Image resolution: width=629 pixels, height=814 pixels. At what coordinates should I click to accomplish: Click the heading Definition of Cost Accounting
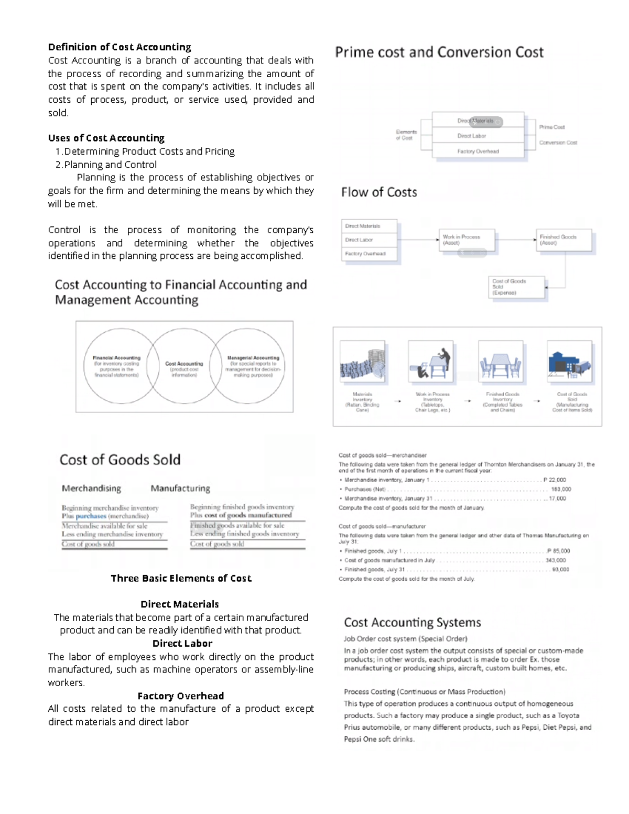120,47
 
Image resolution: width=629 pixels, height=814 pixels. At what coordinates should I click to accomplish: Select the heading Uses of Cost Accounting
106,138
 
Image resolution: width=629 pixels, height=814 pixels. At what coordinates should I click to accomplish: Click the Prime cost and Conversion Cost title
439,52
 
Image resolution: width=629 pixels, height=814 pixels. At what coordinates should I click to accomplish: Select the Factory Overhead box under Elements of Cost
478,151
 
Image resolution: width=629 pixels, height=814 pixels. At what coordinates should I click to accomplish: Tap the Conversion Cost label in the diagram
558,143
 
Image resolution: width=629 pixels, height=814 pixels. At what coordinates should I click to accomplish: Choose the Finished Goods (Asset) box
563,240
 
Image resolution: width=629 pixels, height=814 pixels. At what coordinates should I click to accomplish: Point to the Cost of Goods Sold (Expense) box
516,287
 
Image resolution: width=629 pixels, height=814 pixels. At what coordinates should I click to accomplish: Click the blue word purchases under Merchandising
90,516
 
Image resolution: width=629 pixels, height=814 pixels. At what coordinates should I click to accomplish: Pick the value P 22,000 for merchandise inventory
555,480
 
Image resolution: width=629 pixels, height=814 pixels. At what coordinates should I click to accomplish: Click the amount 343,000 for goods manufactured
556,560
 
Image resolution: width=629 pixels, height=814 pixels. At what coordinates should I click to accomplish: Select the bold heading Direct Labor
182,644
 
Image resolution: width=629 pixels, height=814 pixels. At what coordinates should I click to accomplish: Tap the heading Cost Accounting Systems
412,623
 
